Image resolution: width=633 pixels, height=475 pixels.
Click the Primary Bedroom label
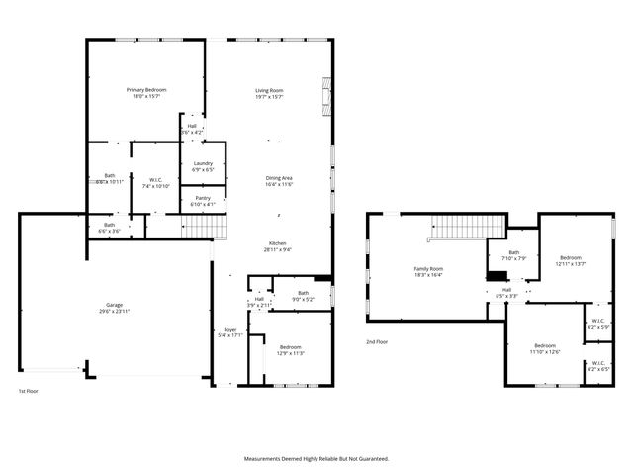click(146, 90)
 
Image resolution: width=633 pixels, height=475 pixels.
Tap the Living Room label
click(270, 90)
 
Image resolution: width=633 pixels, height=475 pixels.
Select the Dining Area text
click(278, 177)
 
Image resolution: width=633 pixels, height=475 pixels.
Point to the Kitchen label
click(278, 243)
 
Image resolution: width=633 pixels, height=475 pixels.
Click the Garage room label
click(116, 305)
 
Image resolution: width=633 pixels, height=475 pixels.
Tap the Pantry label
click(202, 198)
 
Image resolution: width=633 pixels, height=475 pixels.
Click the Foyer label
click(229, 330)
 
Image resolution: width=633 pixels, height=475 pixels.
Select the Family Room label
click(428, 269)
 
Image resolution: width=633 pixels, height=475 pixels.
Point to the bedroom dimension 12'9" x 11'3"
click(291, 353)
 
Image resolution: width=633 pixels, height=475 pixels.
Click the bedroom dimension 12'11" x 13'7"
click(571, 264)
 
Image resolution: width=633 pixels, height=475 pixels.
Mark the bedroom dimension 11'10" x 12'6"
click(545, 351)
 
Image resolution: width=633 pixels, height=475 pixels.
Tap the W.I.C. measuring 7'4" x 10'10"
click(156, 186)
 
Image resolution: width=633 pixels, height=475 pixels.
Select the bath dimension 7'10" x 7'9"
click(513, 258)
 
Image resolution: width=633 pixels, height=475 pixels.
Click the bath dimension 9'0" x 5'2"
click(304, 299)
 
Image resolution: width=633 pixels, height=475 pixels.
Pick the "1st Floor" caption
click(29, 392)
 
